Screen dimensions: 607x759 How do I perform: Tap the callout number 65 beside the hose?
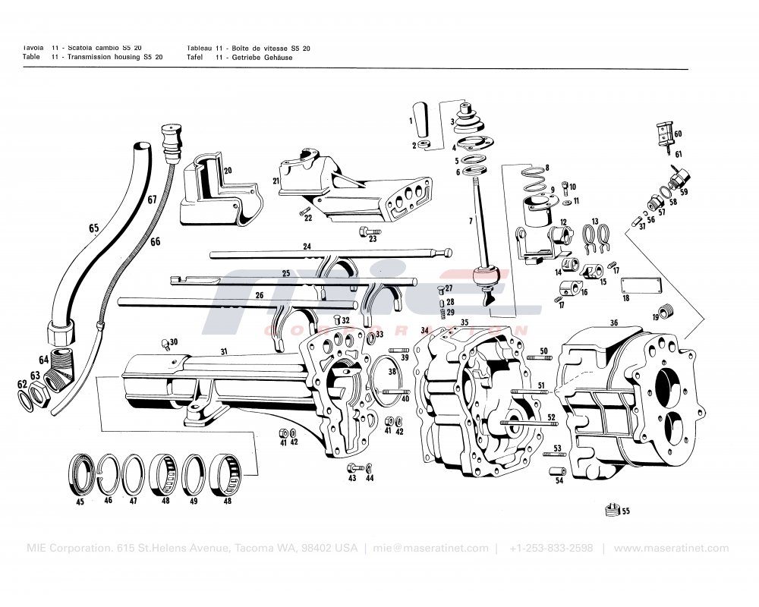[93, 228]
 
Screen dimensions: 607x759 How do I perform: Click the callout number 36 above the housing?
[613, 322]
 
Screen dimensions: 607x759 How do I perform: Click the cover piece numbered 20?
[213, 193]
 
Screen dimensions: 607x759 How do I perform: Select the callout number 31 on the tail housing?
[223, 351]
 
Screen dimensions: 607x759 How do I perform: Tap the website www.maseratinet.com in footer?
[671, 548]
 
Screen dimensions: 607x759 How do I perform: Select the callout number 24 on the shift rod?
[307, 247]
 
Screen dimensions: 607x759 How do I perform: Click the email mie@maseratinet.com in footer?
[430, 548]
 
